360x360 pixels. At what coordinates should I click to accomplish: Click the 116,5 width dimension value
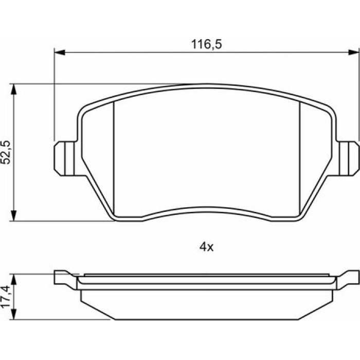point(207,44)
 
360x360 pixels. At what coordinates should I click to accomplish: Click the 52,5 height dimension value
point(6,152)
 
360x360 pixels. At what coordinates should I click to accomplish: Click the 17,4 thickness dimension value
point(6,296)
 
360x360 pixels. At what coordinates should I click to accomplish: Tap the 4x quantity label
point(206,247)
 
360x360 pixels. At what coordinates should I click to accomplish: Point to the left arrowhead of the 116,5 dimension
point(60,52)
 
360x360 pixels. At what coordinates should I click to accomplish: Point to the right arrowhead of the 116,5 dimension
point(353,52)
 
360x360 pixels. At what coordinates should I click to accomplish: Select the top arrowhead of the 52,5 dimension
point(14,89)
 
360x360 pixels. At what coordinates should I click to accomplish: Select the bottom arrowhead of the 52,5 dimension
point(14,215)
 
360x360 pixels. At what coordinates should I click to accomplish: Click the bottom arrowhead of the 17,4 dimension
point(14,314)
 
